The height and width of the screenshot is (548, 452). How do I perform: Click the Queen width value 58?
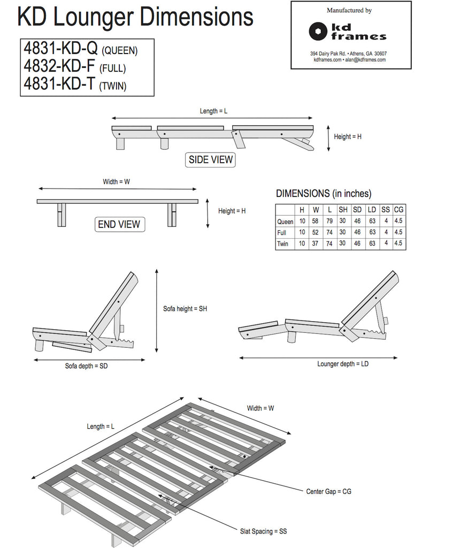pyautogui.click(x=316, y=221)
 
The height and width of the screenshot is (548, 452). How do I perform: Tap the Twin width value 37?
pyautogui.click(x=316, y=243)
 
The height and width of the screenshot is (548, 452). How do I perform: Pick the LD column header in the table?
pyautogui.click(x=372, y=210)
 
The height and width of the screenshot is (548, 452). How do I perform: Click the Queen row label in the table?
pyautogui.click(x=285, y=222)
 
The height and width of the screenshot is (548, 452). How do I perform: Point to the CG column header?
pyautogui.click(x=399, y=210)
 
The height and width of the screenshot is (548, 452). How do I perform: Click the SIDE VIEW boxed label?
pyautogui.click(x=211, y=159)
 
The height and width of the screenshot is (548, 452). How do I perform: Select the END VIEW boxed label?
pyautogui.click(x=120, y=225)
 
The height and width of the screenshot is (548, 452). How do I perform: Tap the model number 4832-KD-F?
pyautogui.click(x=60, y=67)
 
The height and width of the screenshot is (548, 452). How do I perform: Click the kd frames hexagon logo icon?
pyautogui.click(x=318, y=31)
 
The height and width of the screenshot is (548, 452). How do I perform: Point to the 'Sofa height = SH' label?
pyautogui.click(x=185, y=309)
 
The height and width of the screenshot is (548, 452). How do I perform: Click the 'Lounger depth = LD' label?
pyautogui.click(x=343, y=364)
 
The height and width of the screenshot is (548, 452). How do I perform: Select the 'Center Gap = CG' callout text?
pyautogui.click(x=328, y=491)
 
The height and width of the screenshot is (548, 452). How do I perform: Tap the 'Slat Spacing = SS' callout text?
pyautogui.click(x=263, y=531)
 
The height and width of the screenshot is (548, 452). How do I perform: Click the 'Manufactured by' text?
pyautogui.click(x=349, y=11)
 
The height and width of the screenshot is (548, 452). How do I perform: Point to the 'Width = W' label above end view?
pyautogui.click(x=116, y=182)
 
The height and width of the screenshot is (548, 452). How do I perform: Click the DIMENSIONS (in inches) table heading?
pyautogui.click(x=323, y=194)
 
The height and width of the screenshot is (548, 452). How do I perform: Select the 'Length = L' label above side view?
pyautogui.click(x=213, y=111)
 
